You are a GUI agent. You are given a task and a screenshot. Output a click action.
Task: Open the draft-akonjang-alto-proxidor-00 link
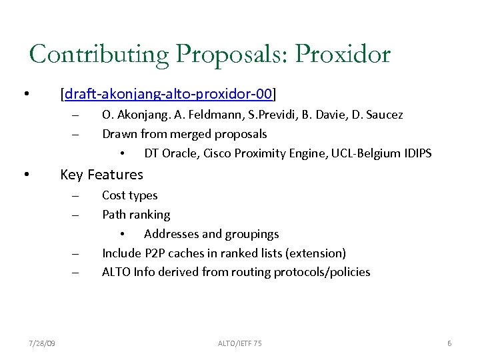pos(168,92)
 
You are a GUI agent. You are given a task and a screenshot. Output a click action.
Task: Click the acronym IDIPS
pos(417,153)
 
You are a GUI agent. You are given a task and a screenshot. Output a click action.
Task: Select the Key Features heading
pos(101,175)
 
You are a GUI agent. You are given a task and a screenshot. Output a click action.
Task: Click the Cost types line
pos(129,195)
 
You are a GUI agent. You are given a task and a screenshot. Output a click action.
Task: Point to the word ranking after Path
pos(150,215)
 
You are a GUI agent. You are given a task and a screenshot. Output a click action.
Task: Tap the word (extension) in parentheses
pos(317,253)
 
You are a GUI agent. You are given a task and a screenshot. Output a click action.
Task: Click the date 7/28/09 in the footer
pos(43,343)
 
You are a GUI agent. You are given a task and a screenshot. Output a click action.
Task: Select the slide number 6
pos(449,343)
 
